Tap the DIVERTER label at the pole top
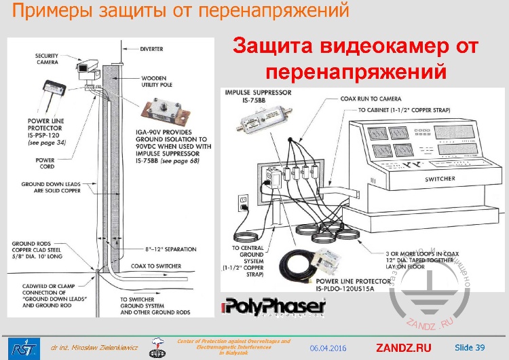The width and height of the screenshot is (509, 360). coord(151,49)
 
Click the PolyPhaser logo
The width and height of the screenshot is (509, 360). coord(274,308)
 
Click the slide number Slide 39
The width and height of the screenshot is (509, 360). coord(470,348)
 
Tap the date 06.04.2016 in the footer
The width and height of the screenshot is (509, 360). coord(328,348)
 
